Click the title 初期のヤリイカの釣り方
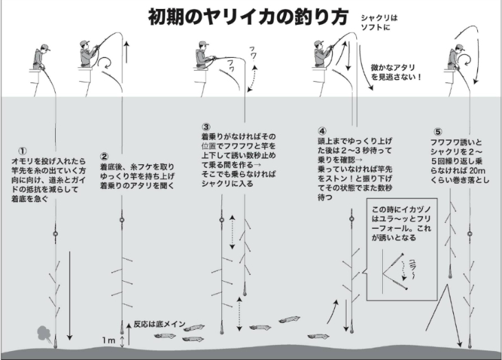248,17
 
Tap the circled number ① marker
22,151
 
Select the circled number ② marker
105,157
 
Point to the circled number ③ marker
206,127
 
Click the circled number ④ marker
322,131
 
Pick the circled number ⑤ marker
437,132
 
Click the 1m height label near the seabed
109,341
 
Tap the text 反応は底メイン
160,324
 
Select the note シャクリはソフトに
379,23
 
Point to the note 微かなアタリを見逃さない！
396,72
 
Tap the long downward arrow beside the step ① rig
69,296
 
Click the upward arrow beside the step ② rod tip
127,52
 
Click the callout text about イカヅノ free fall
402,224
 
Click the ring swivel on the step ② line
121,220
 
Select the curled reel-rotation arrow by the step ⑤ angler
465,60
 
